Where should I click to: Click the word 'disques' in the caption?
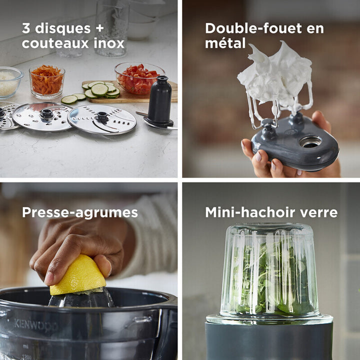[x=63, y=28]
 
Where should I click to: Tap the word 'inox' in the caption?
[x=109, y=43]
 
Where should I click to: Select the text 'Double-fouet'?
[x=253, y=28]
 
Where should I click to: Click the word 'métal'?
[x=225, y=43]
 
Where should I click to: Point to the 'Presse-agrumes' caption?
[x=80, y=212]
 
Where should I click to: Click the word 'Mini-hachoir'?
[x=250, y=212]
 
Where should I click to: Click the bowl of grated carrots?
[x=47, y=81]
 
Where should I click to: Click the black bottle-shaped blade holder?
[x=159, y=101]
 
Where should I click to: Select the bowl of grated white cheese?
[x=9, y=82]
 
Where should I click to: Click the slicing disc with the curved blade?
[x=102, y=119]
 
